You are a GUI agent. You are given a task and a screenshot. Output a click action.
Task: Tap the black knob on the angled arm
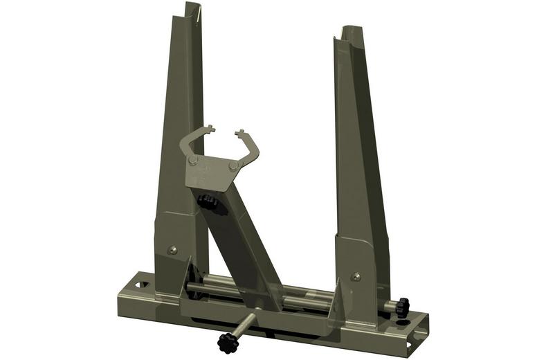point(208,202)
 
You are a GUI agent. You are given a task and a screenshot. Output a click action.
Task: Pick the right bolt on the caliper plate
point(234,166)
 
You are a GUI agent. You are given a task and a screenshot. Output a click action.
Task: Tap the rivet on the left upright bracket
point(172,250)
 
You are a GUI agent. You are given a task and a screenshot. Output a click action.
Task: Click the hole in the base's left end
point(143,284)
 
